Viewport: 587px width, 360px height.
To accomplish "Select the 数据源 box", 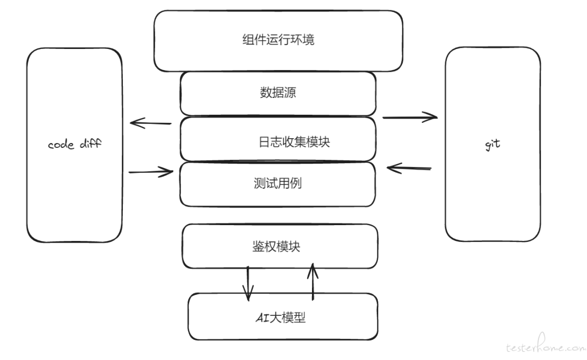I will point(278,93).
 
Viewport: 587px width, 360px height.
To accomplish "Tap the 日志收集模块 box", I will point(278,141).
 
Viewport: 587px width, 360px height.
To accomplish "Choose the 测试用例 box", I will point(278,184).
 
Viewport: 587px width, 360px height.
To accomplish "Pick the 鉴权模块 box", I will point(280,246).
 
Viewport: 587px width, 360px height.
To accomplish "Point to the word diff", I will point(90,145).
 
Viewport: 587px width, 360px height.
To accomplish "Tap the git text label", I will point(492,145).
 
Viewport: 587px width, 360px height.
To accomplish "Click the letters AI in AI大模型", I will point(261,318).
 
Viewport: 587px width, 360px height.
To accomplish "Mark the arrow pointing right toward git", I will point(410,116).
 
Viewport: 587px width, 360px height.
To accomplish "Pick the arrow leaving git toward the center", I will point(409,169).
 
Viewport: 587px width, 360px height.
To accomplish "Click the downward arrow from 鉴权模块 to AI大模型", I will point(248,283).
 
